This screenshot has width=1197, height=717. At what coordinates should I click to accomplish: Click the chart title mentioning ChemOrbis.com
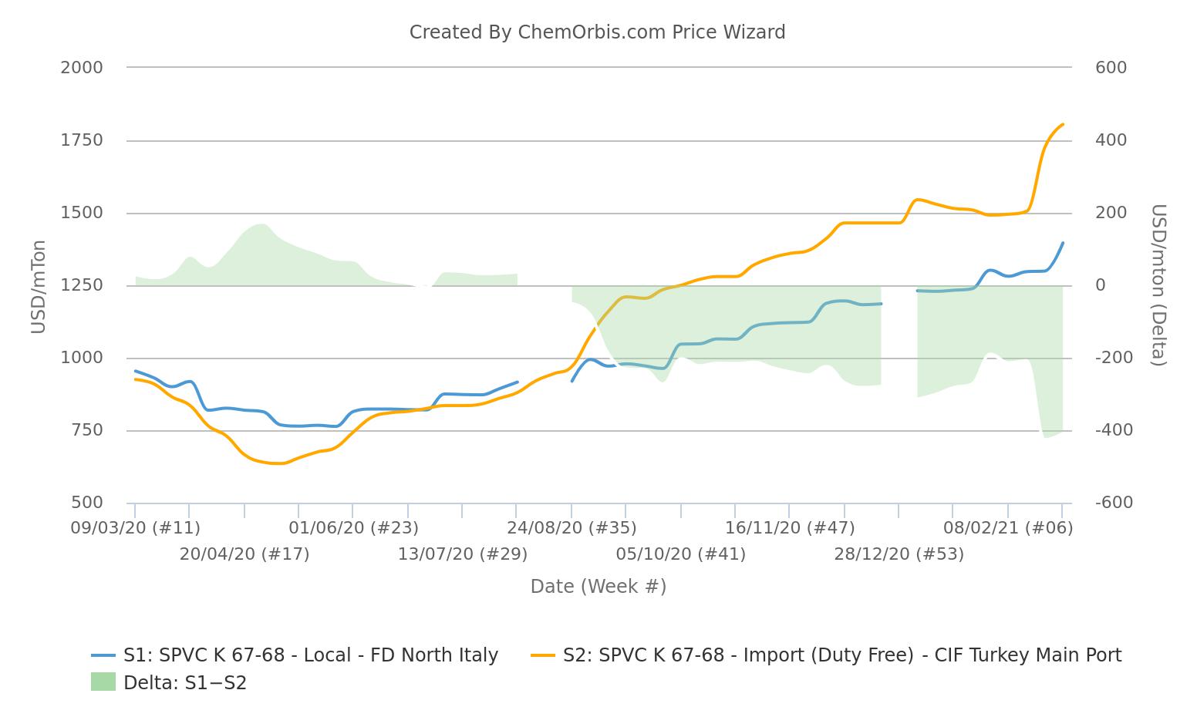pyautogui.click(x=597, y=32)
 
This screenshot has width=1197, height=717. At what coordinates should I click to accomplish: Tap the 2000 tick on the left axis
pyautogui.click(x=82, y=68)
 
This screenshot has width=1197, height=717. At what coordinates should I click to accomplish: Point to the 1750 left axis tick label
pyautogui.click(x=82, y=140)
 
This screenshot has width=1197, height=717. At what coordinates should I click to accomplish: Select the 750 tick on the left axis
pyautogui.click(x=86, y=430)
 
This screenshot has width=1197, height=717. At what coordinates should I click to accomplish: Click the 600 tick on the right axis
pyautogui.click(x=1111, y=68)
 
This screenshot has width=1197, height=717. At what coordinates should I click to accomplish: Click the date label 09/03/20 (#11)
pyautogui.click(x=136, y=528)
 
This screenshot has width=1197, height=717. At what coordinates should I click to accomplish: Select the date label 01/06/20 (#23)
pyautogui.click(x=354, y=528)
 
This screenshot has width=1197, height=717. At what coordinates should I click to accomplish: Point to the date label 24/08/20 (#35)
pyautogui.click(x=572, y=528)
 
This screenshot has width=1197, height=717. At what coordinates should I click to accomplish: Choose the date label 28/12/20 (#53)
pyautogui.click(x=899, y=554)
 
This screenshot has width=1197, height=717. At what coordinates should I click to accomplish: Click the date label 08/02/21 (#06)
pyautogui.click(x=1008, y=528)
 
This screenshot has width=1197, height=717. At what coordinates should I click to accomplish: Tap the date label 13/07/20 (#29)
pyautogui.click(x=463, y=554)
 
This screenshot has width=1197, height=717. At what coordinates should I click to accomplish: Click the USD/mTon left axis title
pyautogui.click(x=39, y=287)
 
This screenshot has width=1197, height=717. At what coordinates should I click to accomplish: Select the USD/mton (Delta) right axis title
pyautogui.click(x=1158, y=285)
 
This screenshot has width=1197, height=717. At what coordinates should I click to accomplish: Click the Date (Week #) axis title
pyautogui.click(x=598, y=587)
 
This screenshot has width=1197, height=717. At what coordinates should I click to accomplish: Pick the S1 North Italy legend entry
pyautogui.click(x=295, y=655)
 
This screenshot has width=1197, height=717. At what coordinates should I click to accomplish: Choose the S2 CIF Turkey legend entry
pyautogui.click(x=826, y=655)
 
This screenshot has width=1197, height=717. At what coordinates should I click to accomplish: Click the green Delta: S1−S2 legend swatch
pyautogui.click(x=103, y=682)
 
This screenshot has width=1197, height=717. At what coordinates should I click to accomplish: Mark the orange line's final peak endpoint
pyautogui.click(x=1063, y=124)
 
